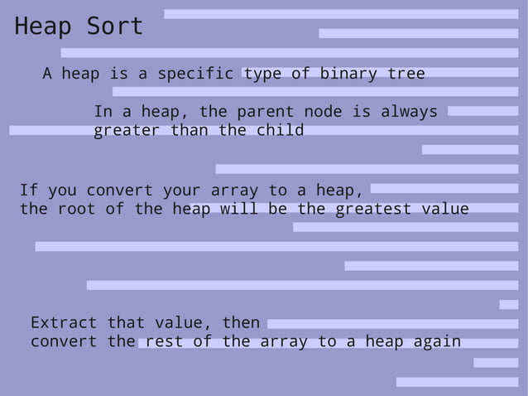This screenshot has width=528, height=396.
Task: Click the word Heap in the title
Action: (42, 27)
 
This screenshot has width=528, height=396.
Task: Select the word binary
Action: (348, 74)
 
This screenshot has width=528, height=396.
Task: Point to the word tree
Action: (406, 74)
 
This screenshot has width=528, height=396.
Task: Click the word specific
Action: (195, 74)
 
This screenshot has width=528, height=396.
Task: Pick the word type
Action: (262, 74)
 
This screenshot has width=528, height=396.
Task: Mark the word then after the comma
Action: (241, 322)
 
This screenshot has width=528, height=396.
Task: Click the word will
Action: (238, 209)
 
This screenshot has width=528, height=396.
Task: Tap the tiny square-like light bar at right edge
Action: (509, 305)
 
